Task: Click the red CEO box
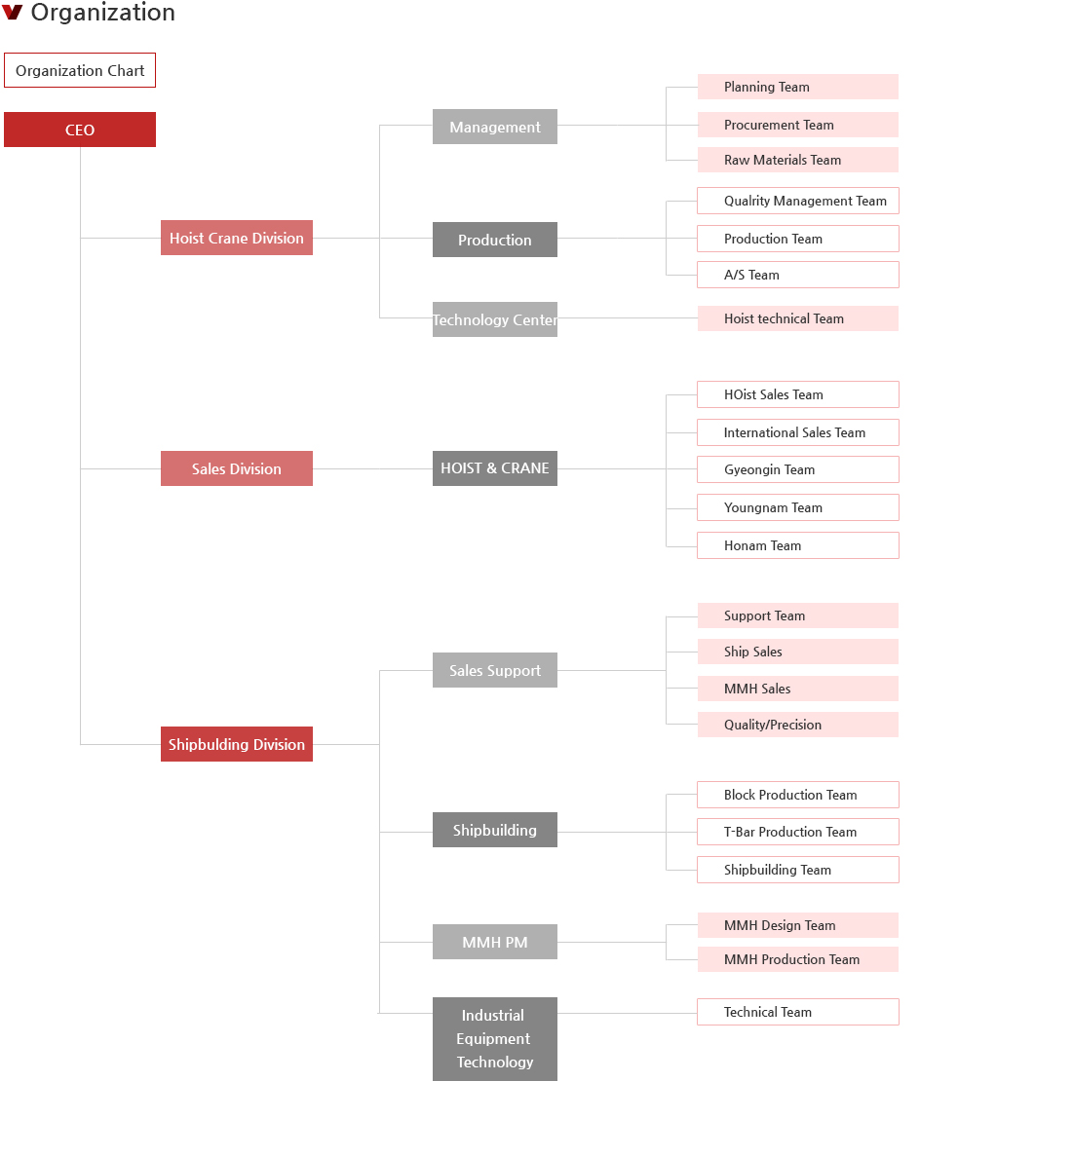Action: point(80,130)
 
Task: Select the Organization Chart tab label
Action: point(80,71)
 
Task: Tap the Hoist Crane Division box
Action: point(237,239)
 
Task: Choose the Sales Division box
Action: point(237,468)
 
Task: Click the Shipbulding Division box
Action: point(237,745)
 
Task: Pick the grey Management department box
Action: point(495,127)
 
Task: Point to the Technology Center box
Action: point(495,320)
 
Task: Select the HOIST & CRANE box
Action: point(495,468)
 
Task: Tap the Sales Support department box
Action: point(495,670)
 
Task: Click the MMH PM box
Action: point(495,942)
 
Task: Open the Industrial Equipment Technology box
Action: point(495,1039)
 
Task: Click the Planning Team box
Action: point(798,87)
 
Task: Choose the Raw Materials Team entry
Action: point(798,160)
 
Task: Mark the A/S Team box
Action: point(798,275)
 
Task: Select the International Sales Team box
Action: point(798,432)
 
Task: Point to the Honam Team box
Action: point(798,545)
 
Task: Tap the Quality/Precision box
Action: point(798,725)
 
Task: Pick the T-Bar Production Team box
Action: point(798,833)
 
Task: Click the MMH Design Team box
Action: point(798,925)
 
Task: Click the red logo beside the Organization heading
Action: point(13,12)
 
